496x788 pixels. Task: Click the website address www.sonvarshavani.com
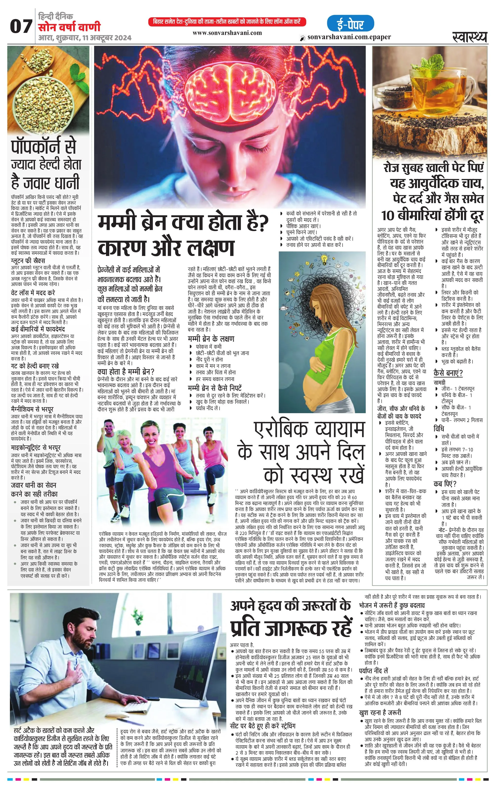[x=227, y=33]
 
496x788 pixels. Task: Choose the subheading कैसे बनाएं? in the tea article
[x=448, y=373]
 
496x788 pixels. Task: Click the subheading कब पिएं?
[x=445, y=484]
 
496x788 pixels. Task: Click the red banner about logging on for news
[x=227, y=22]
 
